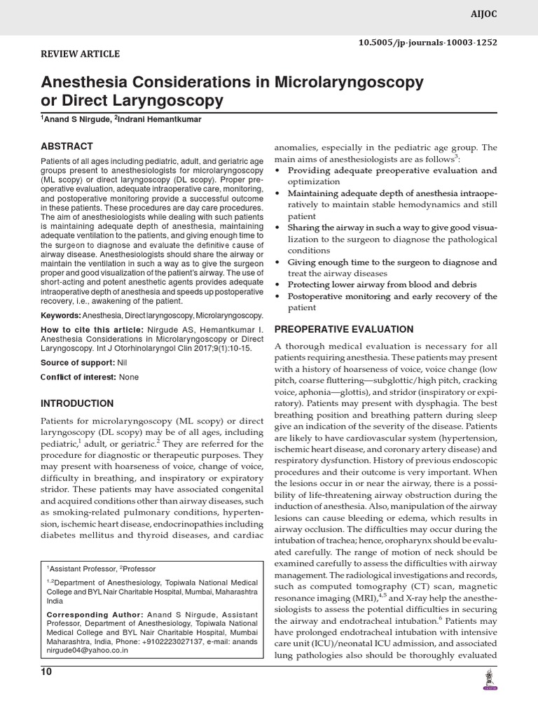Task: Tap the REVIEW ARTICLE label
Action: pos(81,54)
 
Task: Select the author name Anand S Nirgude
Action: pos(76,120)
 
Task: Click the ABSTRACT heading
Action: pos(67,146)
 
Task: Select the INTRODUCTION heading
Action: pos(77,404)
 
